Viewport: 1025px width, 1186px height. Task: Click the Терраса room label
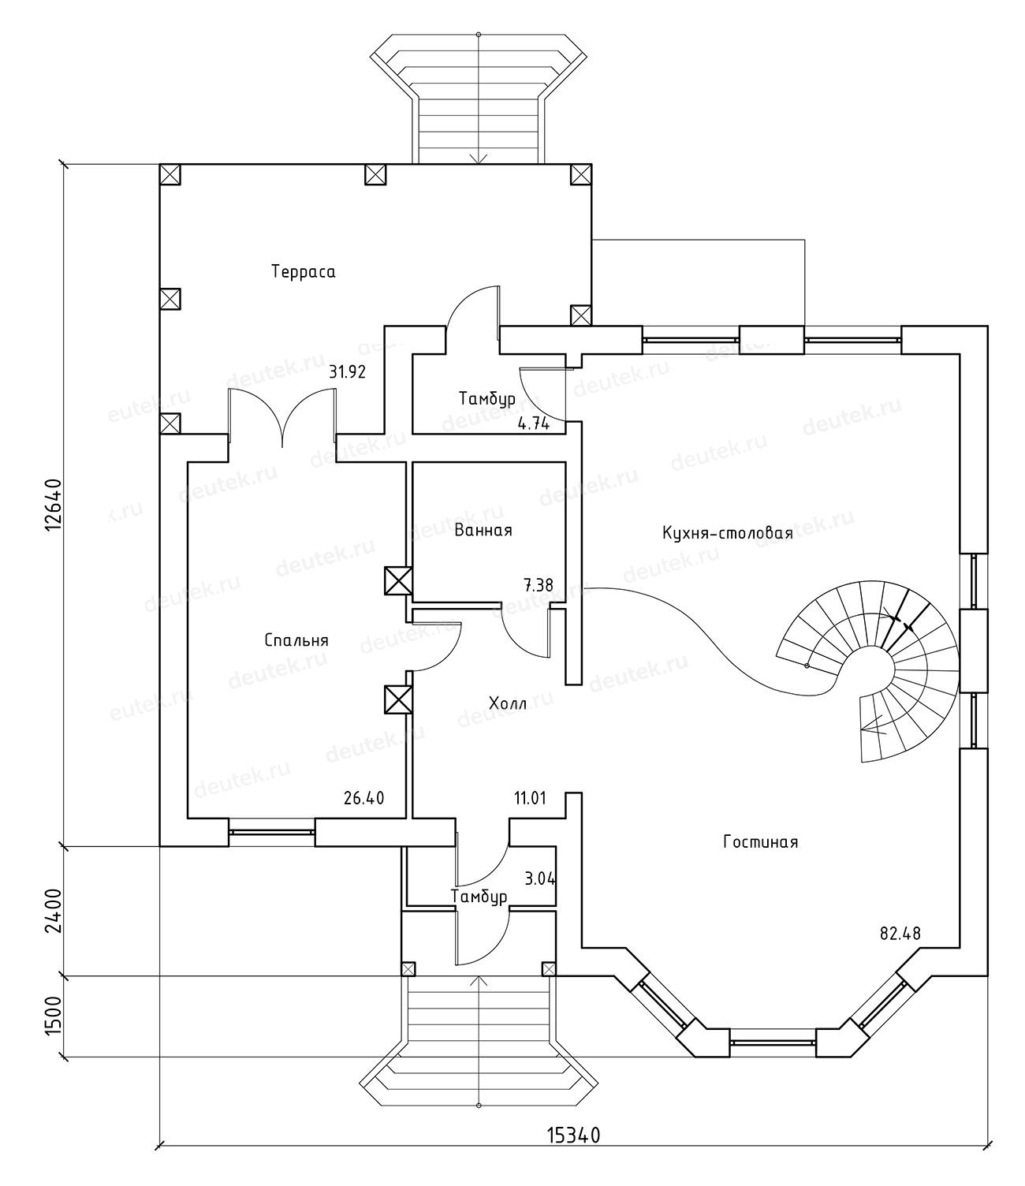tap(304, 272)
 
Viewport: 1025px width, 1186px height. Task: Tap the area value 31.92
tap(347, 372)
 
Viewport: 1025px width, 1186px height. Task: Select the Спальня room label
tap(296, 640)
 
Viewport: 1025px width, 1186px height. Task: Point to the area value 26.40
tap(363, 798)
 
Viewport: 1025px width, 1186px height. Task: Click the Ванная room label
tap(483, 530)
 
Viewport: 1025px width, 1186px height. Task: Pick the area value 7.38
tap(538, 585)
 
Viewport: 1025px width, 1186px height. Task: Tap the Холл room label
tap(507, 703)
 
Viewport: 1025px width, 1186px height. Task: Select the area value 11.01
tap(530, 798)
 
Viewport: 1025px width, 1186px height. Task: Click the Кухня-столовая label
tap(727, 534)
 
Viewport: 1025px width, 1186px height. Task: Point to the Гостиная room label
tap(760, 842)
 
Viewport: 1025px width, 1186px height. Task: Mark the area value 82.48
tap(900, 934)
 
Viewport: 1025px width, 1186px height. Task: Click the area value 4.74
tap(533, 423)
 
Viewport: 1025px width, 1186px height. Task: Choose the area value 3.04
tap(540, 877)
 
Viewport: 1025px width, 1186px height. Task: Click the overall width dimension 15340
tap(574, 1158)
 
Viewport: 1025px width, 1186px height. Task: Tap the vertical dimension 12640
tap(52, 505)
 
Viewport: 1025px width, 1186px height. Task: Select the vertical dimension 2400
tap(52, 911)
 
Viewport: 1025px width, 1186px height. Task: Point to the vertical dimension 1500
tap(52, 1016)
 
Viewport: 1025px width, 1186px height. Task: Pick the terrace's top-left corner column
tap(171, 174)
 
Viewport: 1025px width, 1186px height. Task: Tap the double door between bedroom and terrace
tap(281, 418)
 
